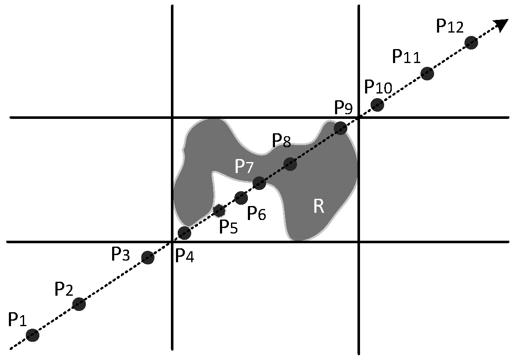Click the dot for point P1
pos(33,335)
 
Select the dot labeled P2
pos(79,304)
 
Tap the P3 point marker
pos(147,257)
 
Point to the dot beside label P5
pos(219,210)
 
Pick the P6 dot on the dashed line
pos(241,197)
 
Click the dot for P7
pos(259,183)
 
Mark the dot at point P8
pos(290,164)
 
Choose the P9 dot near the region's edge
pos(341,128)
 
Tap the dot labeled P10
pos(377,104)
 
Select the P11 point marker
pos(427,74)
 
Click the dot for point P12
pos(471,42)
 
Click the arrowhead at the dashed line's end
pos(502,25)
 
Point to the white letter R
pos(319,206)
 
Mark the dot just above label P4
pos(184,232)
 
